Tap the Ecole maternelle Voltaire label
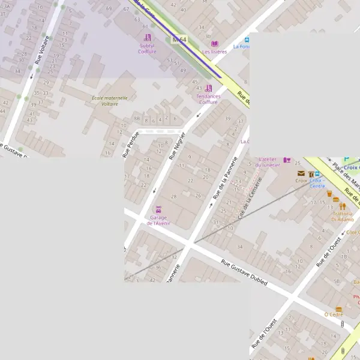coord(105,100)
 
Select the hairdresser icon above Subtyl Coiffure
coord(147,37)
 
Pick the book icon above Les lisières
coord(215,44)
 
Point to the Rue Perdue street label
coord(130,144)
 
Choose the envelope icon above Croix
coord(301,174)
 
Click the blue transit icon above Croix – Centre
coord(317,174)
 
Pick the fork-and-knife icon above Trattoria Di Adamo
coord(342,206)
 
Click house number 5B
coord(337,281)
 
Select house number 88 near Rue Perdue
coord(137,119)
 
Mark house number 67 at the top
coord(109,9)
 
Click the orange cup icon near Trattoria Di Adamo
coord(329,194)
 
